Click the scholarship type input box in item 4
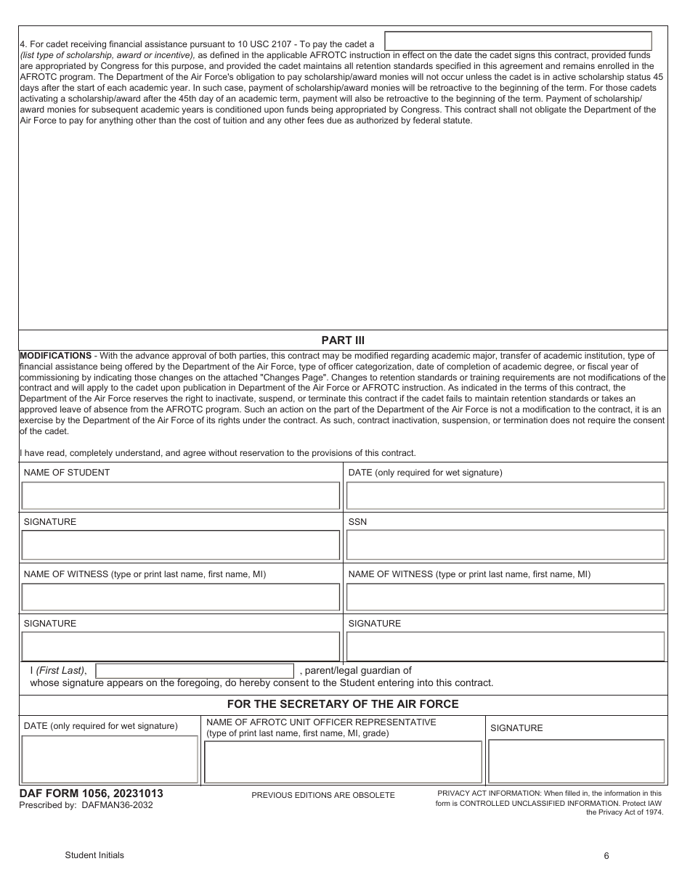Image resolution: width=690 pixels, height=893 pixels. [517, 41]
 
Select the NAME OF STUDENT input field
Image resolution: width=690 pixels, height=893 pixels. [181, 496]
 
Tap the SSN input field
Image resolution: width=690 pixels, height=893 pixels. [506, 545]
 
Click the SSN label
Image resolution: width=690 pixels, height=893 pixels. [357, 522]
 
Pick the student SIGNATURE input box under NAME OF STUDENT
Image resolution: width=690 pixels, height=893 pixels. [181, 545]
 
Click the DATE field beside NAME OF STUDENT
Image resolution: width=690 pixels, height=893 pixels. [506, 496]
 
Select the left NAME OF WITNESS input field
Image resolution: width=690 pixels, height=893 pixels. [181, 597]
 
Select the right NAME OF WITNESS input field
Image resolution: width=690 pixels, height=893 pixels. [506, 597]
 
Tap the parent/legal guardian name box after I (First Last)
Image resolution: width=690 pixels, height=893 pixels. [195, 671]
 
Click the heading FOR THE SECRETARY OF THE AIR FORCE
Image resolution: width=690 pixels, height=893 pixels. [343, 704]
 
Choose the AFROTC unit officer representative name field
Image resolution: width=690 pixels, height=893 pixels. [343, 762]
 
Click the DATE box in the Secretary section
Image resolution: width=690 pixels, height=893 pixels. [110, 759]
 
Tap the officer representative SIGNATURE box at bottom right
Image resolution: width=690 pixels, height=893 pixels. [577, 761]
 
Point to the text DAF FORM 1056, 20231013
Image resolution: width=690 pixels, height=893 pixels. [91, 794]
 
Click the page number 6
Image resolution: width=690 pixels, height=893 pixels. [606, 856]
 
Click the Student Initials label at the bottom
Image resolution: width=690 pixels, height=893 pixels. [94, 855]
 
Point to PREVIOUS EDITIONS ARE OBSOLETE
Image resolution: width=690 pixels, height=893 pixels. [323, 796]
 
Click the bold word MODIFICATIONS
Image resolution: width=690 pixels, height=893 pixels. [55, 356]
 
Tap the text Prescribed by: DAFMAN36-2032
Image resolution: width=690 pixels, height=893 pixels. [86, 805]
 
